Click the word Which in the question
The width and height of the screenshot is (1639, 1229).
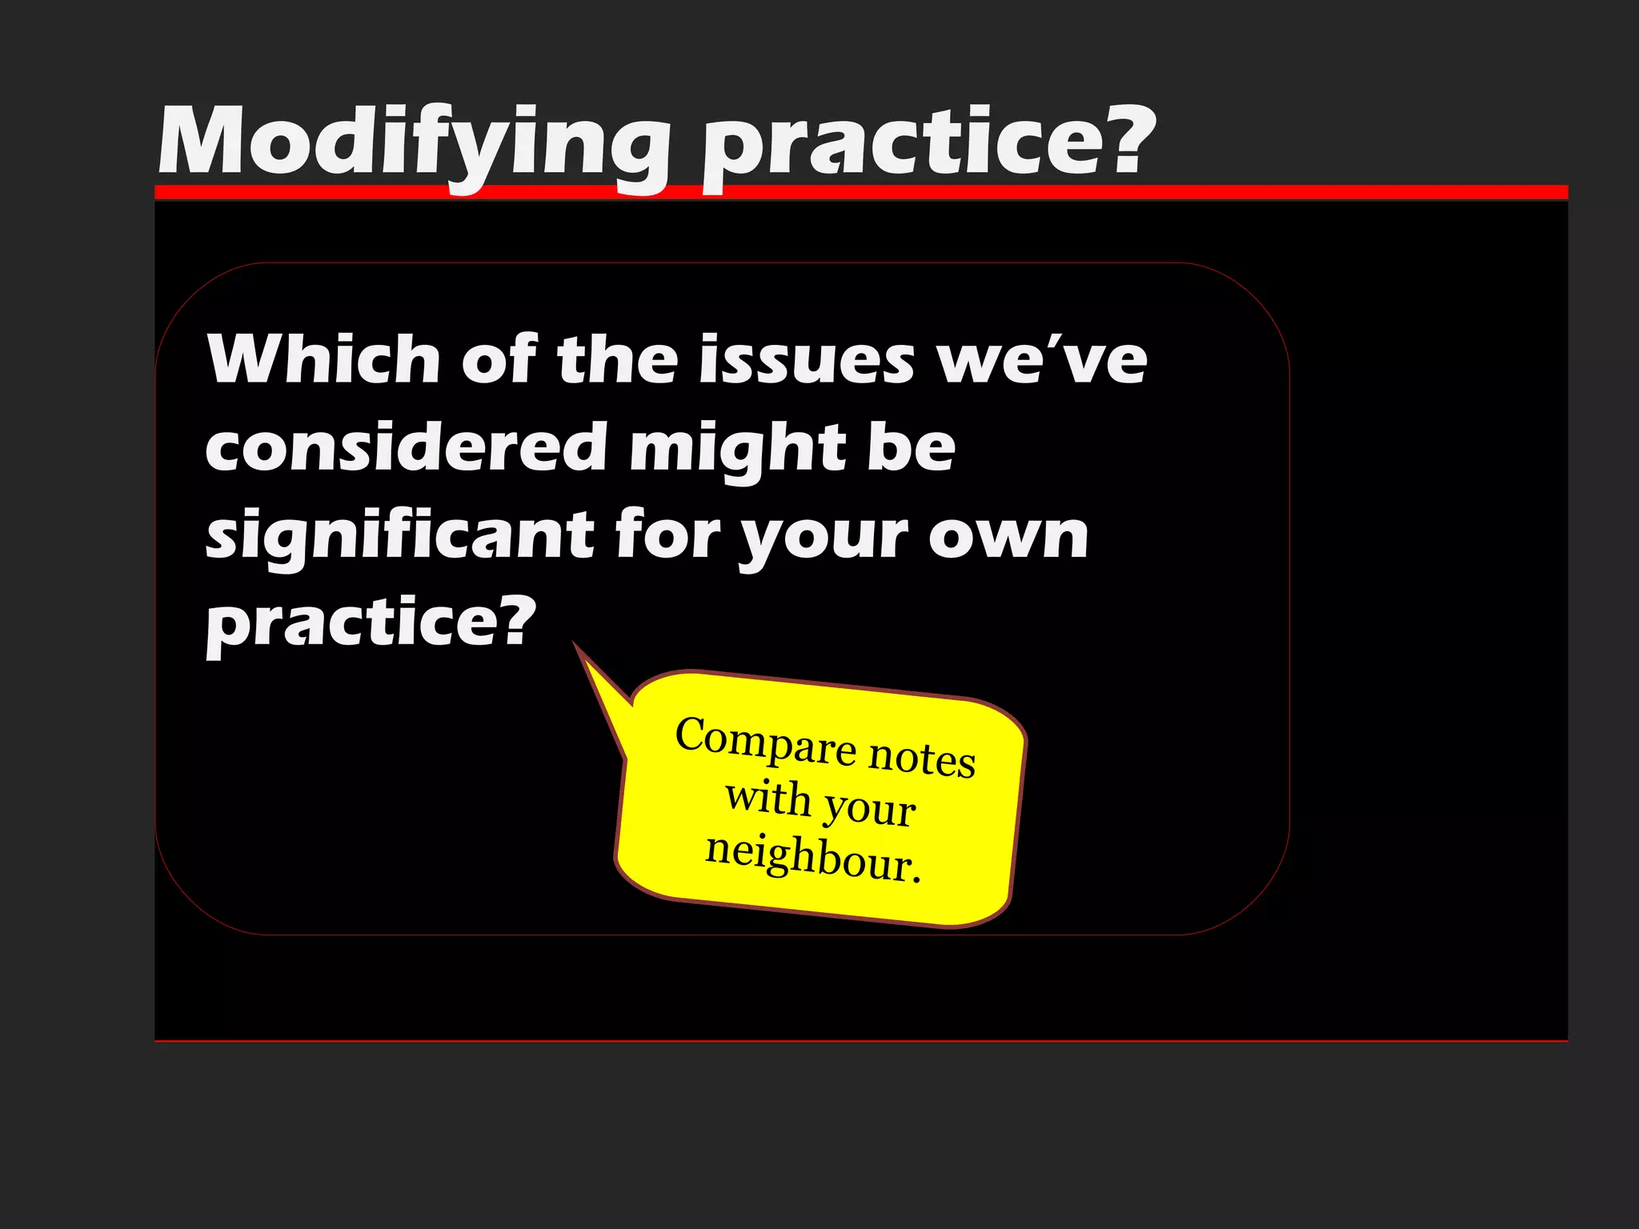(x=323, y=360)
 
